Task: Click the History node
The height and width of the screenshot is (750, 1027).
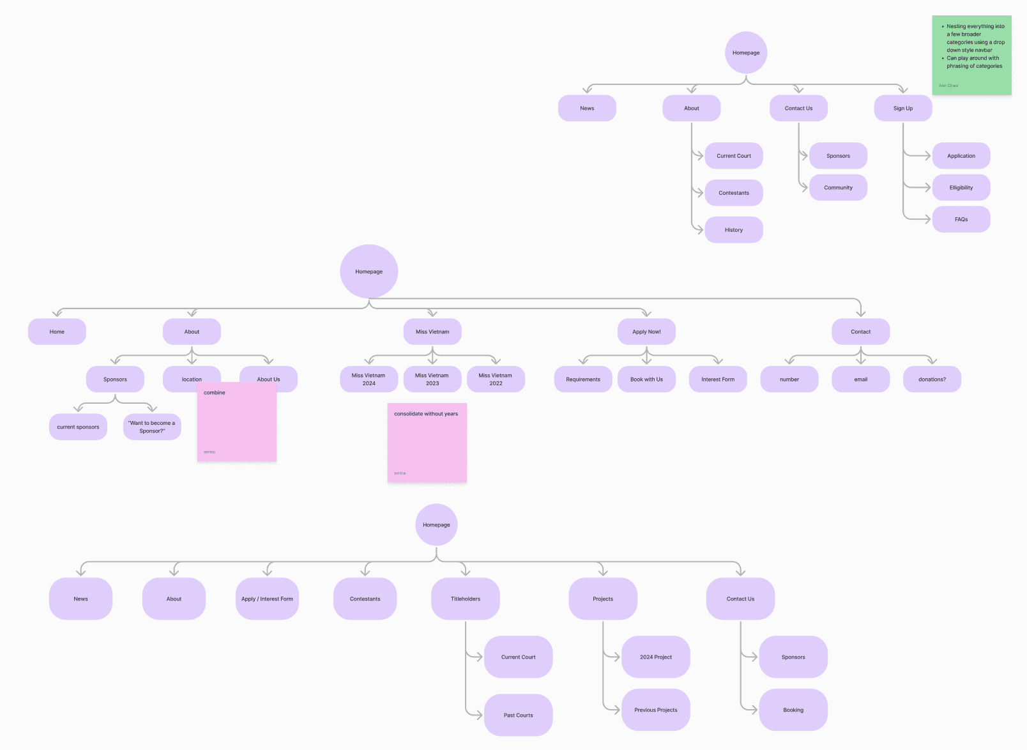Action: pyautogui.click(x=734, y=230)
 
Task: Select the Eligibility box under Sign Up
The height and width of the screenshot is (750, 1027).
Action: pyautogui.click(x=961, y=188)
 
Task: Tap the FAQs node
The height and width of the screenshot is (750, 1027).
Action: pyautogui.click(x=961, y=220)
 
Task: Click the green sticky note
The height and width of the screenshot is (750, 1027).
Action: pyautogui.click(x=971, y=56)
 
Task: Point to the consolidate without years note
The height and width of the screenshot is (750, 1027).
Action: pyautogui.click(x=427, y=443)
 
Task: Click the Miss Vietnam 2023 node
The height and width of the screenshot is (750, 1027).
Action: pyautogui.click(x=432, y=379)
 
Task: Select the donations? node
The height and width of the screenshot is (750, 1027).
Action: pyautogui.click(x=932, y=379)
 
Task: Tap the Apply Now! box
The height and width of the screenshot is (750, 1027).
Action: pyautogui.click(x=646, y=332)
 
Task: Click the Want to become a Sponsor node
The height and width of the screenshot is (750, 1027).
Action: pyautogui.click(x=152, y=427)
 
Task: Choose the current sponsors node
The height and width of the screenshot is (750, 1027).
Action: pyautogui.click(x=78, y=427)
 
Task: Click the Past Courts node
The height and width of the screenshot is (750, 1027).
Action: pyautogui.click(x=518, y=716)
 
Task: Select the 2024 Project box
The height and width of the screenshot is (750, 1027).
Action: pyautogui.click(x=656, y=657)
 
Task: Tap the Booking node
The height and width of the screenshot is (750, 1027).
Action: pyautogui.click(x=793, y=710)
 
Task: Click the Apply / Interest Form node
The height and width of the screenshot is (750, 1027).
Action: pyautogui.click(x=267, y=599)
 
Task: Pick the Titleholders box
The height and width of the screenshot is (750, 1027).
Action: pyautogui.click(x=466, y=599)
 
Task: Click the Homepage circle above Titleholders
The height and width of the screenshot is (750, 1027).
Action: pyautogui.click(x=436, y=525)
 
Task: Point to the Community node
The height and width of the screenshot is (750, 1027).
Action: pyautogui.click(x=838, y=188)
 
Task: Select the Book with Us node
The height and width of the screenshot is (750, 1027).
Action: pyautogui.click(x=646, y=379)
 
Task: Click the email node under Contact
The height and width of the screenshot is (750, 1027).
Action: pyautogui.click(x=860, y=379)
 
